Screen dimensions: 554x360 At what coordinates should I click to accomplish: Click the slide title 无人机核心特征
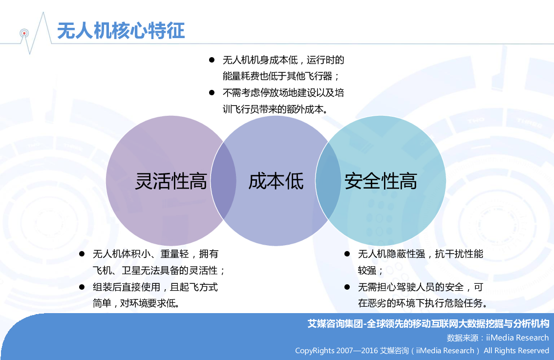(121, 30)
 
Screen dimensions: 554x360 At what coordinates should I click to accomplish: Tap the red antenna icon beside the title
(24, 34)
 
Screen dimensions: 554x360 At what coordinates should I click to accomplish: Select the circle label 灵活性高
(171, 181)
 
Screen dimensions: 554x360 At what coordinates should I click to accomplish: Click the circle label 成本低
(276, 181)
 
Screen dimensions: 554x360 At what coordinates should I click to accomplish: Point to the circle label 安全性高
(381, 181)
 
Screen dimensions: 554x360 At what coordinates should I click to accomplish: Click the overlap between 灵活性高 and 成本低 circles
(223, 181)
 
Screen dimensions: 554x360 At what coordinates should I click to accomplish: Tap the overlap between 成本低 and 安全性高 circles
(328, 181)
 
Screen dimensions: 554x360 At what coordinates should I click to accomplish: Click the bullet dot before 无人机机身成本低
(212, 60)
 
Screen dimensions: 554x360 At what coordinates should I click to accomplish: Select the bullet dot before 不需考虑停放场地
(212, 93)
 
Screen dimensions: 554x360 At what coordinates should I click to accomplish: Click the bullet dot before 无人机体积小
(82, 254)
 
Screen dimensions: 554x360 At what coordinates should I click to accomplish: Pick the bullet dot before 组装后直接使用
(82, 287)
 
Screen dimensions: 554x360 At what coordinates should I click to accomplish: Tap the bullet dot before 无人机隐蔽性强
(347, 254)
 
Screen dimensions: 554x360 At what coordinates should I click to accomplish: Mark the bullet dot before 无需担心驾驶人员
(347, 287)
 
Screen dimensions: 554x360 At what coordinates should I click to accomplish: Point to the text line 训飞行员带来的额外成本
(275, 109)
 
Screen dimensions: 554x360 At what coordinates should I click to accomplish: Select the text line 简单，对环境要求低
(136, 303)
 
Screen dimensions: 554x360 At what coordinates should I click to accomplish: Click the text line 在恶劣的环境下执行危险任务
(423, 303)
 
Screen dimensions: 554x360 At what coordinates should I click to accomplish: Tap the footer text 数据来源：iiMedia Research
(498, 338)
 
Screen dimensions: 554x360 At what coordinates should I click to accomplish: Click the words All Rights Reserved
(516, 350)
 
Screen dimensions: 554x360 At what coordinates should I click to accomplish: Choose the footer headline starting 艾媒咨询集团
(428, 324)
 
